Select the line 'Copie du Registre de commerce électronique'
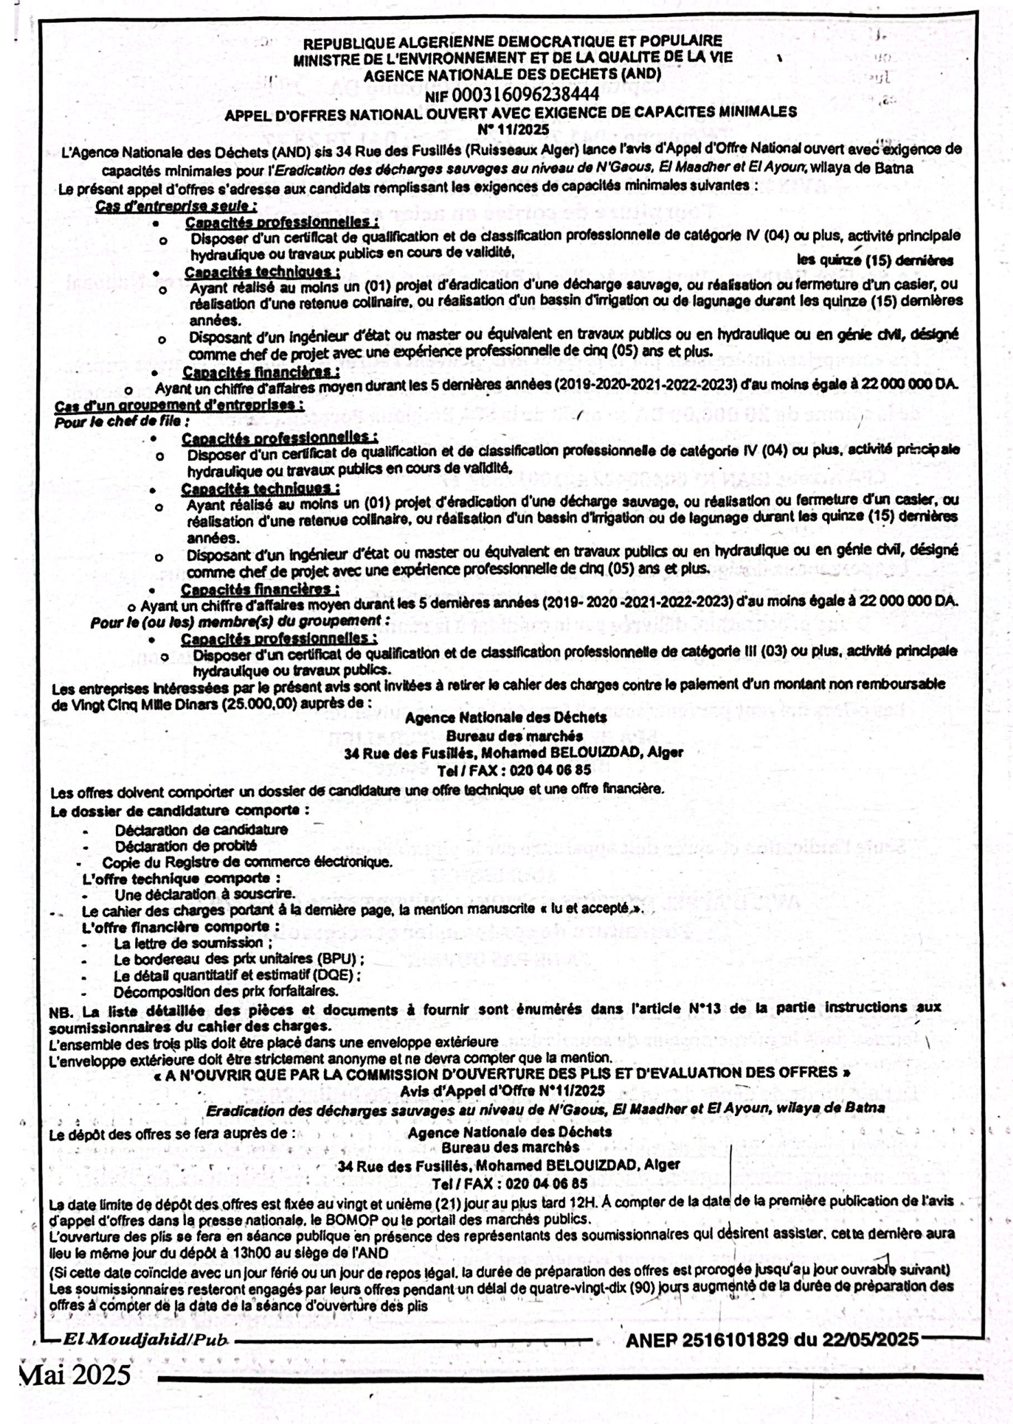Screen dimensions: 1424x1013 pyautogui.click(x=247, y=862)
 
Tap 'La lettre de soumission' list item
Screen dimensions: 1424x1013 pyautogui.click(x=189, y=943)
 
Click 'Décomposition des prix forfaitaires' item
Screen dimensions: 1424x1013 pyautogui.click(x=226, y=991)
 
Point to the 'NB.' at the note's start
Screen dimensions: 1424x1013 pyautogui.click(x=62, y=1010)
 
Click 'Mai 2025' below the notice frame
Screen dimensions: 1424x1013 pyautogui.click(x=77, y=1374)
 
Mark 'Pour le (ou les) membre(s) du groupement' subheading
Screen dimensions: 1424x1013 pyautogui.click(x=240, y=621)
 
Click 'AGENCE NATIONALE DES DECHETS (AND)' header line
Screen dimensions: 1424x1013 pyautogui.click(x=512, y=74)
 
